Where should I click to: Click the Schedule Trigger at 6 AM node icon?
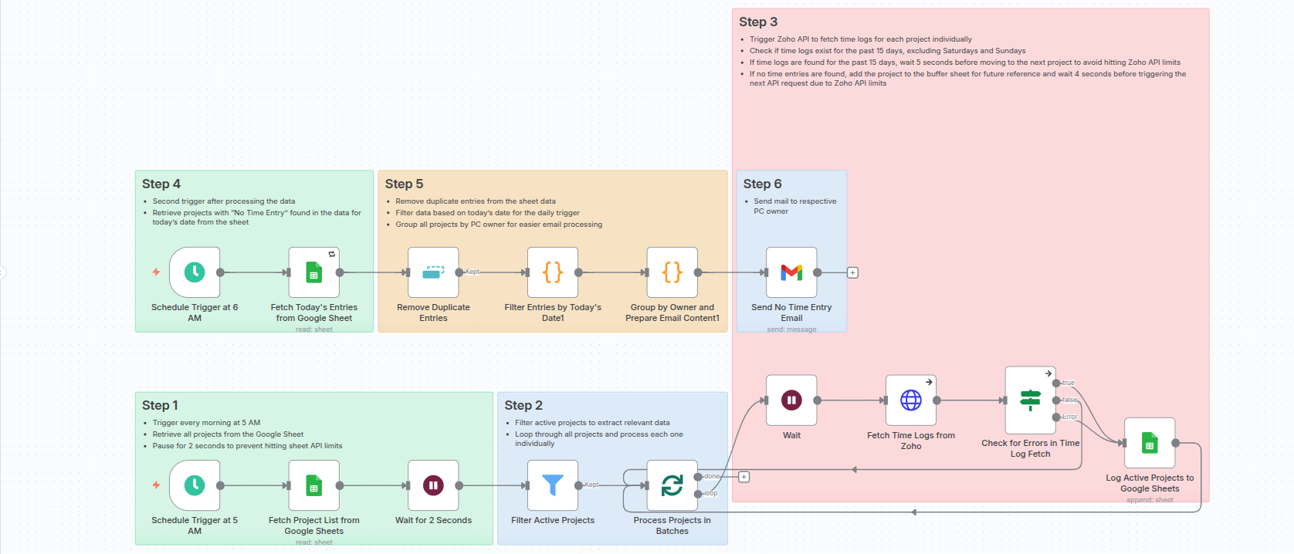coord(195,272)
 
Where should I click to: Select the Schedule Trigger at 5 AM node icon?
coord(195,485)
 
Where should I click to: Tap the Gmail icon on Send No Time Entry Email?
coord(791,272)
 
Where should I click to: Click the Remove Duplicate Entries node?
coord(433,272)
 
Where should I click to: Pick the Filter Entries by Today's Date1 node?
coord(553,272)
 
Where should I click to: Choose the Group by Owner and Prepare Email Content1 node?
coord(672,272)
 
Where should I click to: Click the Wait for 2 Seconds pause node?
coord(433,485)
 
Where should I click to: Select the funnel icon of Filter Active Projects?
coord(553,485)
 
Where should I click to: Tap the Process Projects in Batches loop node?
coord(672,485)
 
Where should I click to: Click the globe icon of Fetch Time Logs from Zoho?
coord(911,400)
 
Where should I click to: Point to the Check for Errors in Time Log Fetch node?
coord(1031,400)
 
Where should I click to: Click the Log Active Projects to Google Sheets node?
coord(1150,443)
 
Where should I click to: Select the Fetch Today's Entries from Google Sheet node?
coord(313,272)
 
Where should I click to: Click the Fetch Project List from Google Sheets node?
coord(313,485)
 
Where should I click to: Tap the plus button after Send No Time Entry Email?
coord(852,272)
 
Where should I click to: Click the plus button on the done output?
coord(744,477)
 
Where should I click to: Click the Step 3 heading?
coord(758,22)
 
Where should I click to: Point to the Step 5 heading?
coord(404,184)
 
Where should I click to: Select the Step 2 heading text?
coord(523,406)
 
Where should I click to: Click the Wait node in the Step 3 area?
coord(791,400)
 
